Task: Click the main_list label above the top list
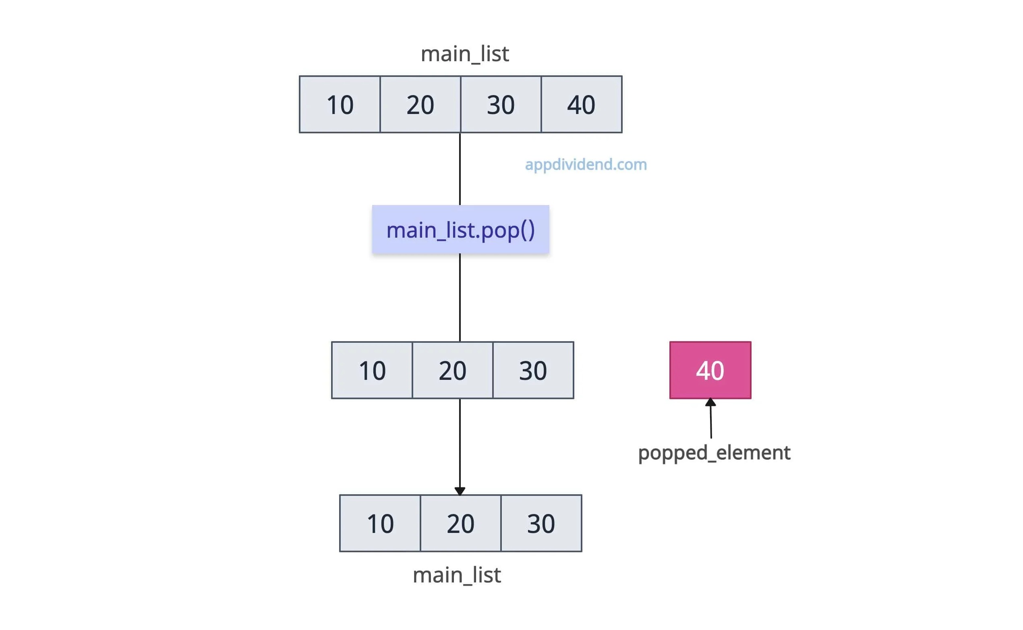[x=464, y=54]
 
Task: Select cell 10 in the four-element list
[x=340, y=105]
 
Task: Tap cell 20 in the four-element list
[x=420, y=105]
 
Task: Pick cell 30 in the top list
[x=501, y=105]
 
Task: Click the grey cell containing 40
[x=581, y=105]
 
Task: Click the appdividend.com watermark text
[x=586, y=165]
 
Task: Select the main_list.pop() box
[x=460, y=230]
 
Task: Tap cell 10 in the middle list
[x=372, y=371]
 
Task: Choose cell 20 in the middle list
[x=452, y=371]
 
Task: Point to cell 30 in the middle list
[x=533, y=371]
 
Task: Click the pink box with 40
[x=710, y=371]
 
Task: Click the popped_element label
[x=714, y=453]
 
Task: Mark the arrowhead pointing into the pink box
[x=710, y=402]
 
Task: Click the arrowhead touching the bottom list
[x=460, y=491]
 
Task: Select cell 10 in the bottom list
[x=380, y=523]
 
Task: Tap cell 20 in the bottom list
[x=460, y=523]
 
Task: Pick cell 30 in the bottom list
[x=540, y=523]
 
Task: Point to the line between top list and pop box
[x=460, y=169]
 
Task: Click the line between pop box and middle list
[x=460, y=298]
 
